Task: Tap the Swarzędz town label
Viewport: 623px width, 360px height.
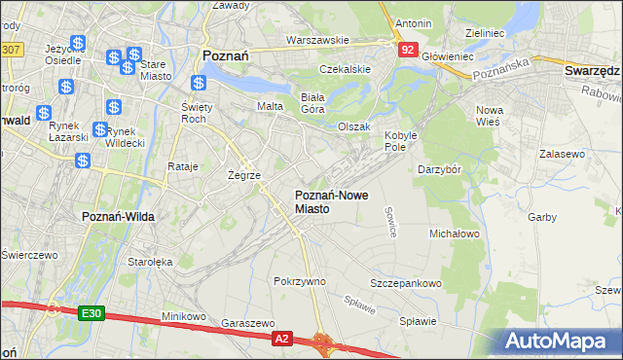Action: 593,72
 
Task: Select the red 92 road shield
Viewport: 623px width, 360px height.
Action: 407,48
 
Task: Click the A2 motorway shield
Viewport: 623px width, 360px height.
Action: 281,338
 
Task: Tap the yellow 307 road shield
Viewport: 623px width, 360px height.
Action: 11,49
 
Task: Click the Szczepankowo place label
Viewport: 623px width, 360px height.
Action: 406,283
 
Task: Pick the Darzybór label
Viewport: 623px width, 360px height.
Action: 439,169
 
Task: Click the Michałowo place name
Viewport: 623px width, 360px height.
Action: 455,234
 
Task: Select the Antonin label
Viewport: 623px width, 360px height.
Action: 414,22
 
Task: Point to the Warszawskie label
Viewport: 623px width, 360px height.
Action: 317,41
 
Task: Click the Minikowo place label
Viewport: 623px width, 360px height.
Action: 183,316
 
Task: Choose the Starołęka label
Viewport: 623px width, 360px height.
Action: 150,262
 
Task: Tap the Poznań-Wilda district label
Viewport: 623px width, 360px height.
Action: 115,216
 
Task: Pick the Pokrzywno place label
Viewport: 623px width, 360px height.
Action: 300,281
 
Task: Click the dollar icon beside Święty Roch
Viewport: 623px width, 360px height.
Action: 199,85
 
